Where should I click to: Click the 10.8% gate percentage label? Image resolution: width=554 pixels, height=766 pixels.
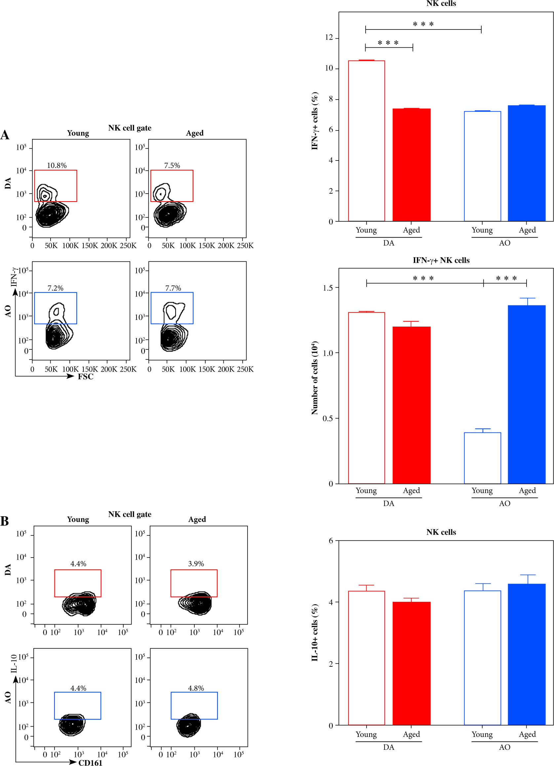[x=57, y=165]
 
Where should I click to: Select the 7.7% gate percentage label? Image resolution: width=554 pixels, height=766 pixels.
[x=173, y=288]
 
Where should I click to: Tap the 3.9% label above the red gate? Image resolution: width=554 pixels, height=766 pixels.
[x=196, y=564]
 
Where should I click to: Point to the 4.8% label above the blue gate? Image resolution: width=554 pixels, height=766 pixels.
[x=196, y=688]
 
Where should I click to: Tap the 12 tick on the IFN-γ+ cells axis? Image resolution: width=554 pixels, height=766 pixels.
[x=329, y=37]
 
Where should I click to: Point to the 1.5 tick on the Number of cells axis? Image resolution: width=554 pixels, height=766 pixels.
[x=328, y=288]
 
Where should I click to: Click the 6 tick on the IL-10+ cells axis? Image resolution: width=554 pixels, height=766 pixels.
[x=331, y=541]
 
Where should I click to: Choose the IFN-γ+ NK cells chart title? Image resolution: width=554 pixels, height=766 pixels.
[x=441, y=260]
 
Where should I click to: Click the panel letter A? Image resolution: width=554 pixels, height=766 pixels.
[x=5, y=135]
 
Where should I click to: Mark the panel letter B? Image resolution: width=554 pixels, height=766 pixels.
[x=5, y=521]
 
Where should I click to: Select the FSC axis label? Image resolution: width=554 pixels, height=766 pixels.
[x=86, y=377]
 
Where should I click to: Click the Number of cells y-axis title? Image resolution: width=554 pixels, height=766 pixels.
[x=314, y=378]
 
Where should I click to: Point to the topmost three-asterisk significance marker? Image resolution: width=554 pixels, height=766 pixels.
[x=423, y=24]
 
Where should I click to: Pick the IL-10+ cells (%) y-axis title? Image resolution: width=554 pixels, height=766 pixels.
[x=314, y=632]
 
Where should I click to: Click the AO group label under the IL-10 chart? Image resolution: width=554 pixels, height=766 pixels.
[x=504, y=747]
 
